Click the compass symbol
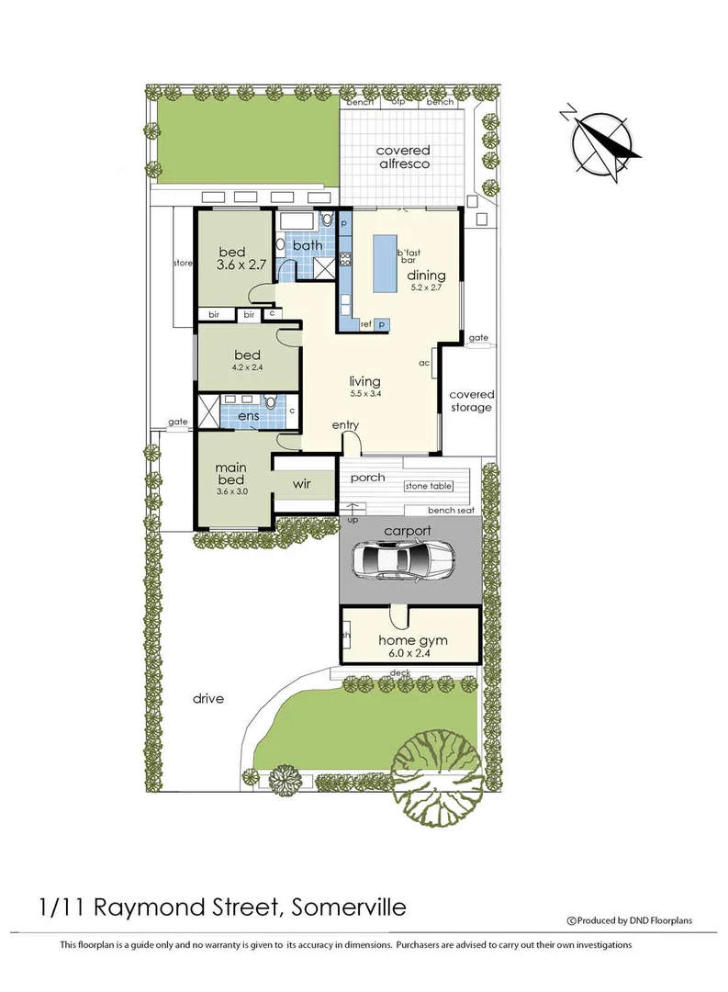[603, 141]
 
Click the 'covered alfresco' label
[402, 157]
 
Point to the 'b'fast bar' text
[407, 256]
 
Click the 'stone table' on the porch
[435, 485]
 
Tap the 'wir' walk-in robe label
[304, 483]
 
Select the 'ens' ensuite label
[249, 417]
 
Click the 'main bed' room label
[231, 473]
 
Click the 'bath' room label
[308, 245]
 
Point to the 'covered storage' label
[471, 400]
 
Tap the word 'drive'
[208, 698]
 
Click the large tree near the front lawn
[436, 760]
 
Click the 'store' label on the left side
[183, 264]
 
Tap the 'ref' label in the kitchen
[364, 323]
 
